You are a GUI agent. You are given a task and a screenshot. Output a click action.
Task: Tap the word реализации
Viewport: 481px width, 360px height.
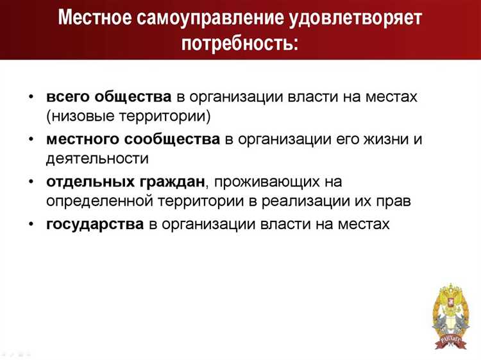click(x=310, y=201)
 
